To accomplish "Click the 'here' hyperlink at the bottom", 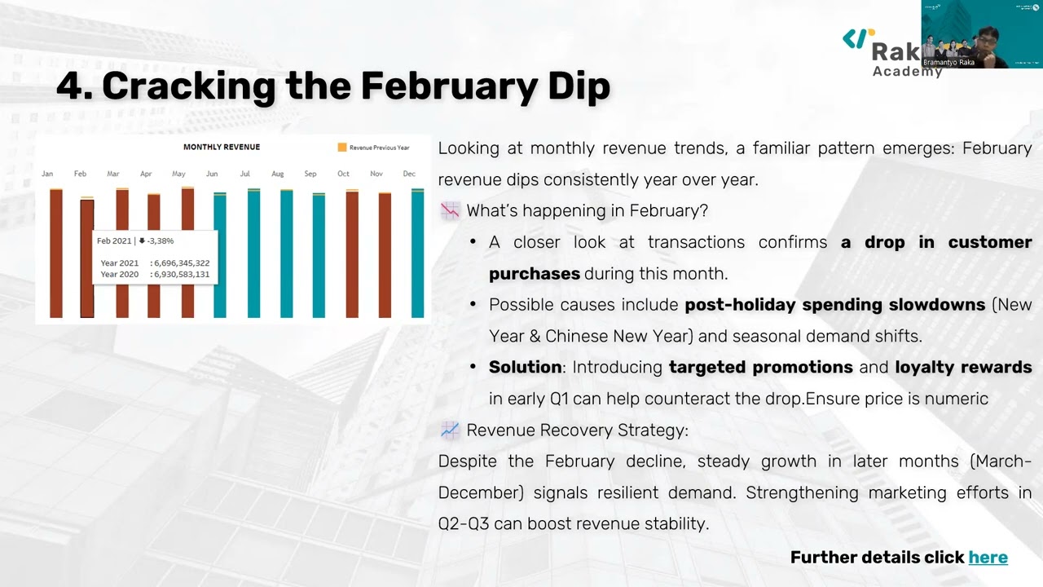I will click(988, 558).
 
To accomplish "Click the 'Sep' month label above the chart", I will click(310, 174).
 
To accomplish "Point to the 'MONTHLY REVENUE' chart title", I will click(222, 147).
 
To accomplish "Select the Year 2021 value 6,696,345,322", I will click(181, 263).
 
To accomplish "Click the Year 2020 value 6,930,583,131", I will click(181, 275).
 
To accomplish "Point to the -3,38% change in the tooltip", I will click(161, 241).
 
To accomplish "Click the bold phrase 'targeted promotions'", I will click(760, 368).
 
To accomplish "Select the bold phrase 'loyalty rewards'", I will click(963, 368).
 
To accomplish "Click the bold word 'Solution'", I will click(525, 368).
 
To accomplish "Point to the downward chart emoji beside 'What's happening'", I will click(450, 211).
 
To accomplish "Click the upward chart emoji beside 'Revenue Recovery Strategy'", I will click(450, 430).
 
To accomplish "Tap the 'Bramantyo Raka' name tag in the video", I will click(948, 62).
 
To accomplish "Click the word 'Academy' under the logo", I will click(907, 72).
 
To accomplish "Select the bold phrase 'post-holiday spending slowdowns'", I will click(834, 305).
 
